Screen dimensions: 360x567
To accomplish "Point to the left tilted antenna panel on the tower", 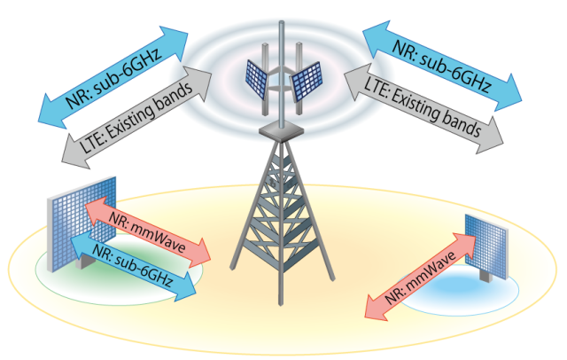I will tap(259, 77).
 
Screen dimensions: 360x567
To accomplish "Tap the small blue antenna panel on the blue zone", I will tap(486, 241).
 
